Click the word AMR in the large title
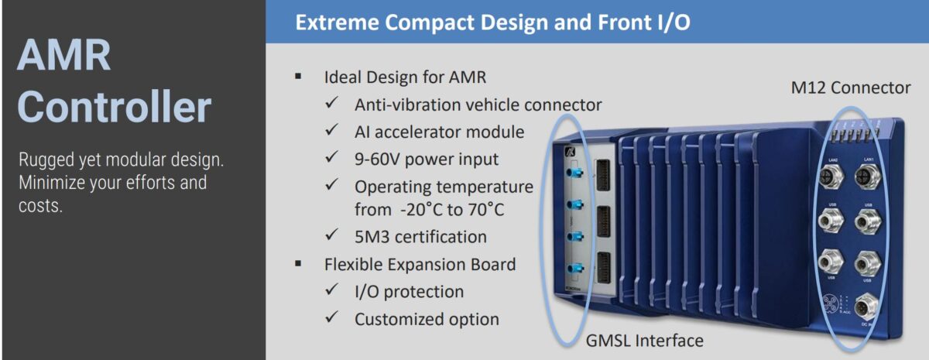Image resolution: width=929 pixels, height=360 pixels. pos(63,57)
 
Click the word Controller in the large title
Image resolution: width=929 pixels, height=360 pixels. pos(114,108)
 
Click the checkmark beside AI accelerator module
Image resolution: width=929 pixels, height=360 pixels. pos(332,132)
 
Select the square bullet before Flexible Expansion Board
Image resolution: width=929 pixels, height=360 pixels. pos(298,265)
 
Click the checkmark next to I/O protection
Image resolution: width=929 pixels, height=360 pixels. pos(332,292)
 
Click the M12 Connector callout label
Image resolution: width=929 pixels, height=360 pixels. pos(850,87)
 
